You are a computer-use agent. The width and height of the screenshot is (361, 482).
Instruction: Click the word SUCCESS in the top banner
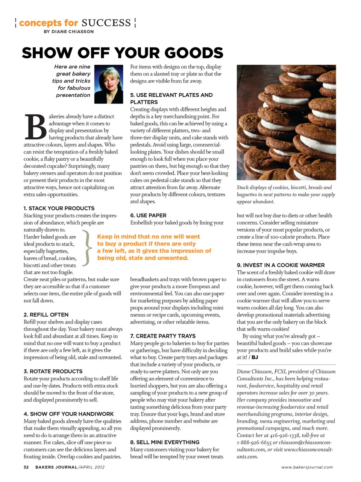click(x=106, y=23)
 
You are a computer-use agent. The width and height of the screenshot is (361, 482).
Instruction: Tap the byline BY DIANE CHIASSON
click(x=69, y=32)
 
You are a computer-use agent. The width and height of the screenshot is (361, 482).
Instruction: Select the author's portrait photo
click(x=109, y=84)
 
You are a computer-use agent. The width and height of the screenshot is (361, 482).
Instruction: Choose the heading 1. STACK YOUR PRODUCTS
click(x=59, y=208)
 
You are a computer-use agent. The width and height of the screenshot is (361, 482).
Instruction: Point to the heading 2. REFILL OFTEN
click(x=46, y=315)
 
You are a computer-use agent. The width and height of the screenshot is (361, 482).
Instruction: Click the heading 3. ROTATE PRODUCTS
click(x=53, y=371)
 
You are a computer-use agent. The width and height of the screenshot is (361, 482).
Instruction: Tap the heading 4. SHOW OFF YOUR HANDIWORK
click(x=69, y=414)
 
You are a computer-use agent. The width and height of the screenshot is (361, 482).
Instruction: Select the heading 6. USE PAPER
click(x=148, y=215)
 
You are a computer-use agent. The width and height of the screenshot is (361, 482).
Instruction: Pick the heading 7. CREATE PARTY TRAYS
click(x=163, y=336)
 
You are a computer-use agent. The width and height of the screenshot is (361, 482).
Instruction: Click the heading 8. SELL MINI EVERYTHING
click(x=165, y=442)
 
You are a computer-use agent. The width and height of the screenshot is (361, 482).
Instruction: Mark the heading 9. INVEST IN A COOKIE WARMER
click(x=281, y=265)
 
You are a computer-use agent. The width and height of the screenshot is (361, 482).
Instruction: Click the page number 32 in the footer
click(x=26, y=467)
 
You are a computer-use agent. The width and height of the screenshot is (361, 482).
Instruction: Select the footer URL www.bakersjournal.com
click(x=307, y=467)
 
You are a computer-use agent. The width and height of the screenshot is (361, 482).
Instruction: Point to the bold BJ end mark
click(x=255, y=357)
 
